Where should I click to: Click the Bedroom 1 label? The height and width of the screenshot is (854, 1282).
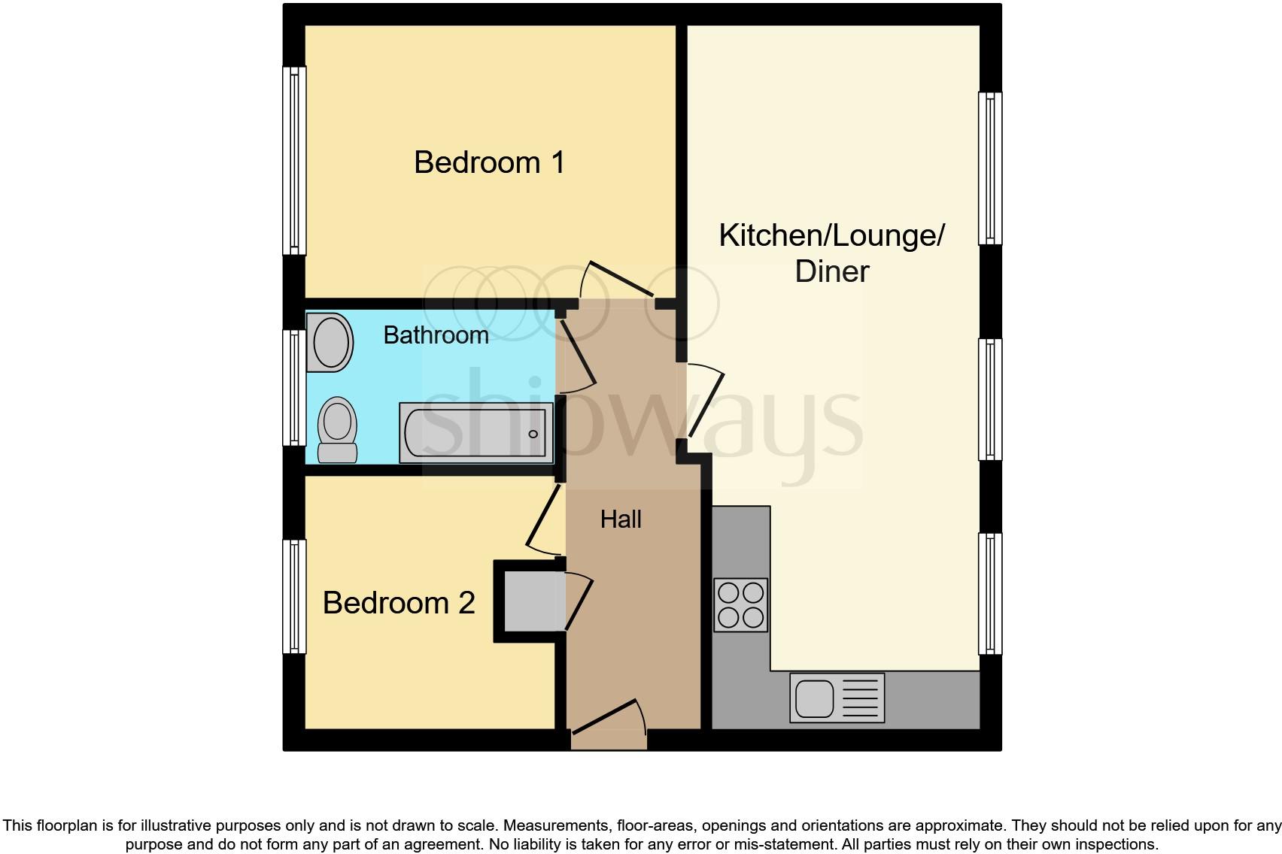pos(489,162)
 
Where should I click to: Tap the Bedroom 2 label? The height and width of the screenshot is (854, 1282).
pos(399,603)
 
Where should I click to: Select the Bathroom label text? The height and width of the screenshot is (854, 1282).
pos(436,335)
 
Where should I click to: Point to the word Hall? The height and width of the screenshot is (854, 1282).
pos(621,519)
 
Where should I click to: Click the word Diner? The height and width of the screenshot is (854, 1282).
pos(832,271)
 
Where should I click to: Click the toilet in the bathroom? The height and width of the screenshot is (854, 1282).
pos(337,429)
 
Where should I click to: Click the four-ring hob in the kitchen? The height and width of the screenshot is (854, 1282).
pos(740,605)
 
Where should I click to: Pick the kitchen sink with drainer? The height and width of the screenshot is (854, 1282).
pos(837,698)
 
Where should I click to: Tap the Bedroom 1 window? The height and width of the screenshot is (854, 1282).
pos(294,161)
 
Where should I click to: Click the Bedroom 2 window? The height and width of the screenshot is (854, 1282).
pos(294,596)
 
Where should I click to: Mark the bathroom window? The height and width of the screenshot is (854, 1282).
pos(294,387)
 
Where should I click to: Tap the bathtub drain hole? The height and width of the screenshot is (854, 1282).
pos(533,434)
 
